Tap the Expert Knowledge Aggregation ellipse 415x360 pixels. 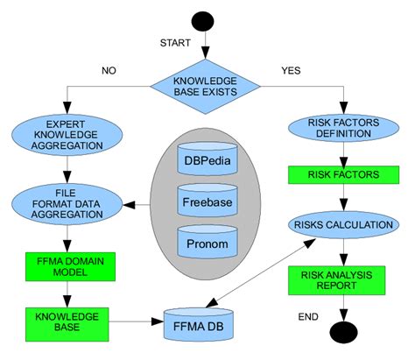[x=67, y=135]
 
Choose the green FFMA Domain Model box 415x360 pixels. [x=67, y=265]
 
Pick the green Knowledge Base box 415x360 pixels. [x=67, y=321]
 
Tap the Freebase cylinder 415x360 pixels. [x=207, y=201]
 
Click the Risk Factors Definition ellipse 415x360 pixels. [x=341, y=128]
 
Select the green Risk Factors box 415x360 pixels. [x=341, y=175]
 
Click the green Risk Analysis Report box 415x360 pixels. [x=341, y=279]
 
